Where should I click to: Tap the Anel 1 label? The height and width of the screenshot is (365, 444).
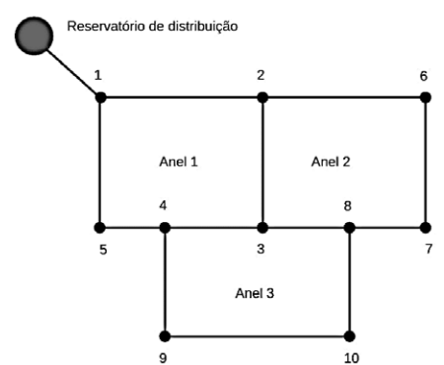pos(179,161)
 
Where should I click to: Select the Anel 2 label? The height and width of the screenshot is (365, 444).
pos(331,161)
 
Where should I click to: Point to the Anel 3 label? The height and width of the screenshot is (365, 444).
pos(256,292)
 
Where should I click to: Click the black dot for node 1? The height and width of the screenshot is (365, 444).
pos(101,97)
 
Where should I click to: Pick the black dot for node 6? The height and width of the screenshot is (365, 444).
pos(425,97)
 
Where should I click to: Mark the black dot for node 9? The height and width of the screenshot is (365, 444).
pos(165,335)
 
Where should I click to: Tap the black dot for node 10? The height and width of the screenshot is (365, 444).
pos(350,335)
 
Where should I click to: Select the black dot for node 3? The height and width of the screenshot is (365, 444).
pos(262,228)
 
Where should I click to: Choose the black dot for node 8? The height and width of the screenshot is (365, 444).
pos(349,228)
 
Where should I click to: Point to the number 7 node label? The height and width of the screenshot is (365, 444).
pos(428,249)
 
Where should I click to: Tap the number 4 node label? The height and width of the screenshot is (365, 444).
pos(164,207)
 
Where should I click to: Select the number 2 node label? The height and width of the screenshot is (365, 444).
pos(260,75)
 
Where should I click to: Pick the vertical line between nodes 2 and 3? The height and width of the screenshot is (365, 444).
pos(262,163)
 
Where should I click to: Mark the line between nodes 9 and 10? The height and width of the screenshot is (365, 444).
pos(257,335)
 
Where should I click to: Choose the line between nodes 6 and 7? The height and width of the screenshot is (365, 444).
pos(425,163)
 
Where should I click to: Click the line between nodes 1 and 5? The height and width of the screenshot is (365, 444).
pos(101,163)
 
